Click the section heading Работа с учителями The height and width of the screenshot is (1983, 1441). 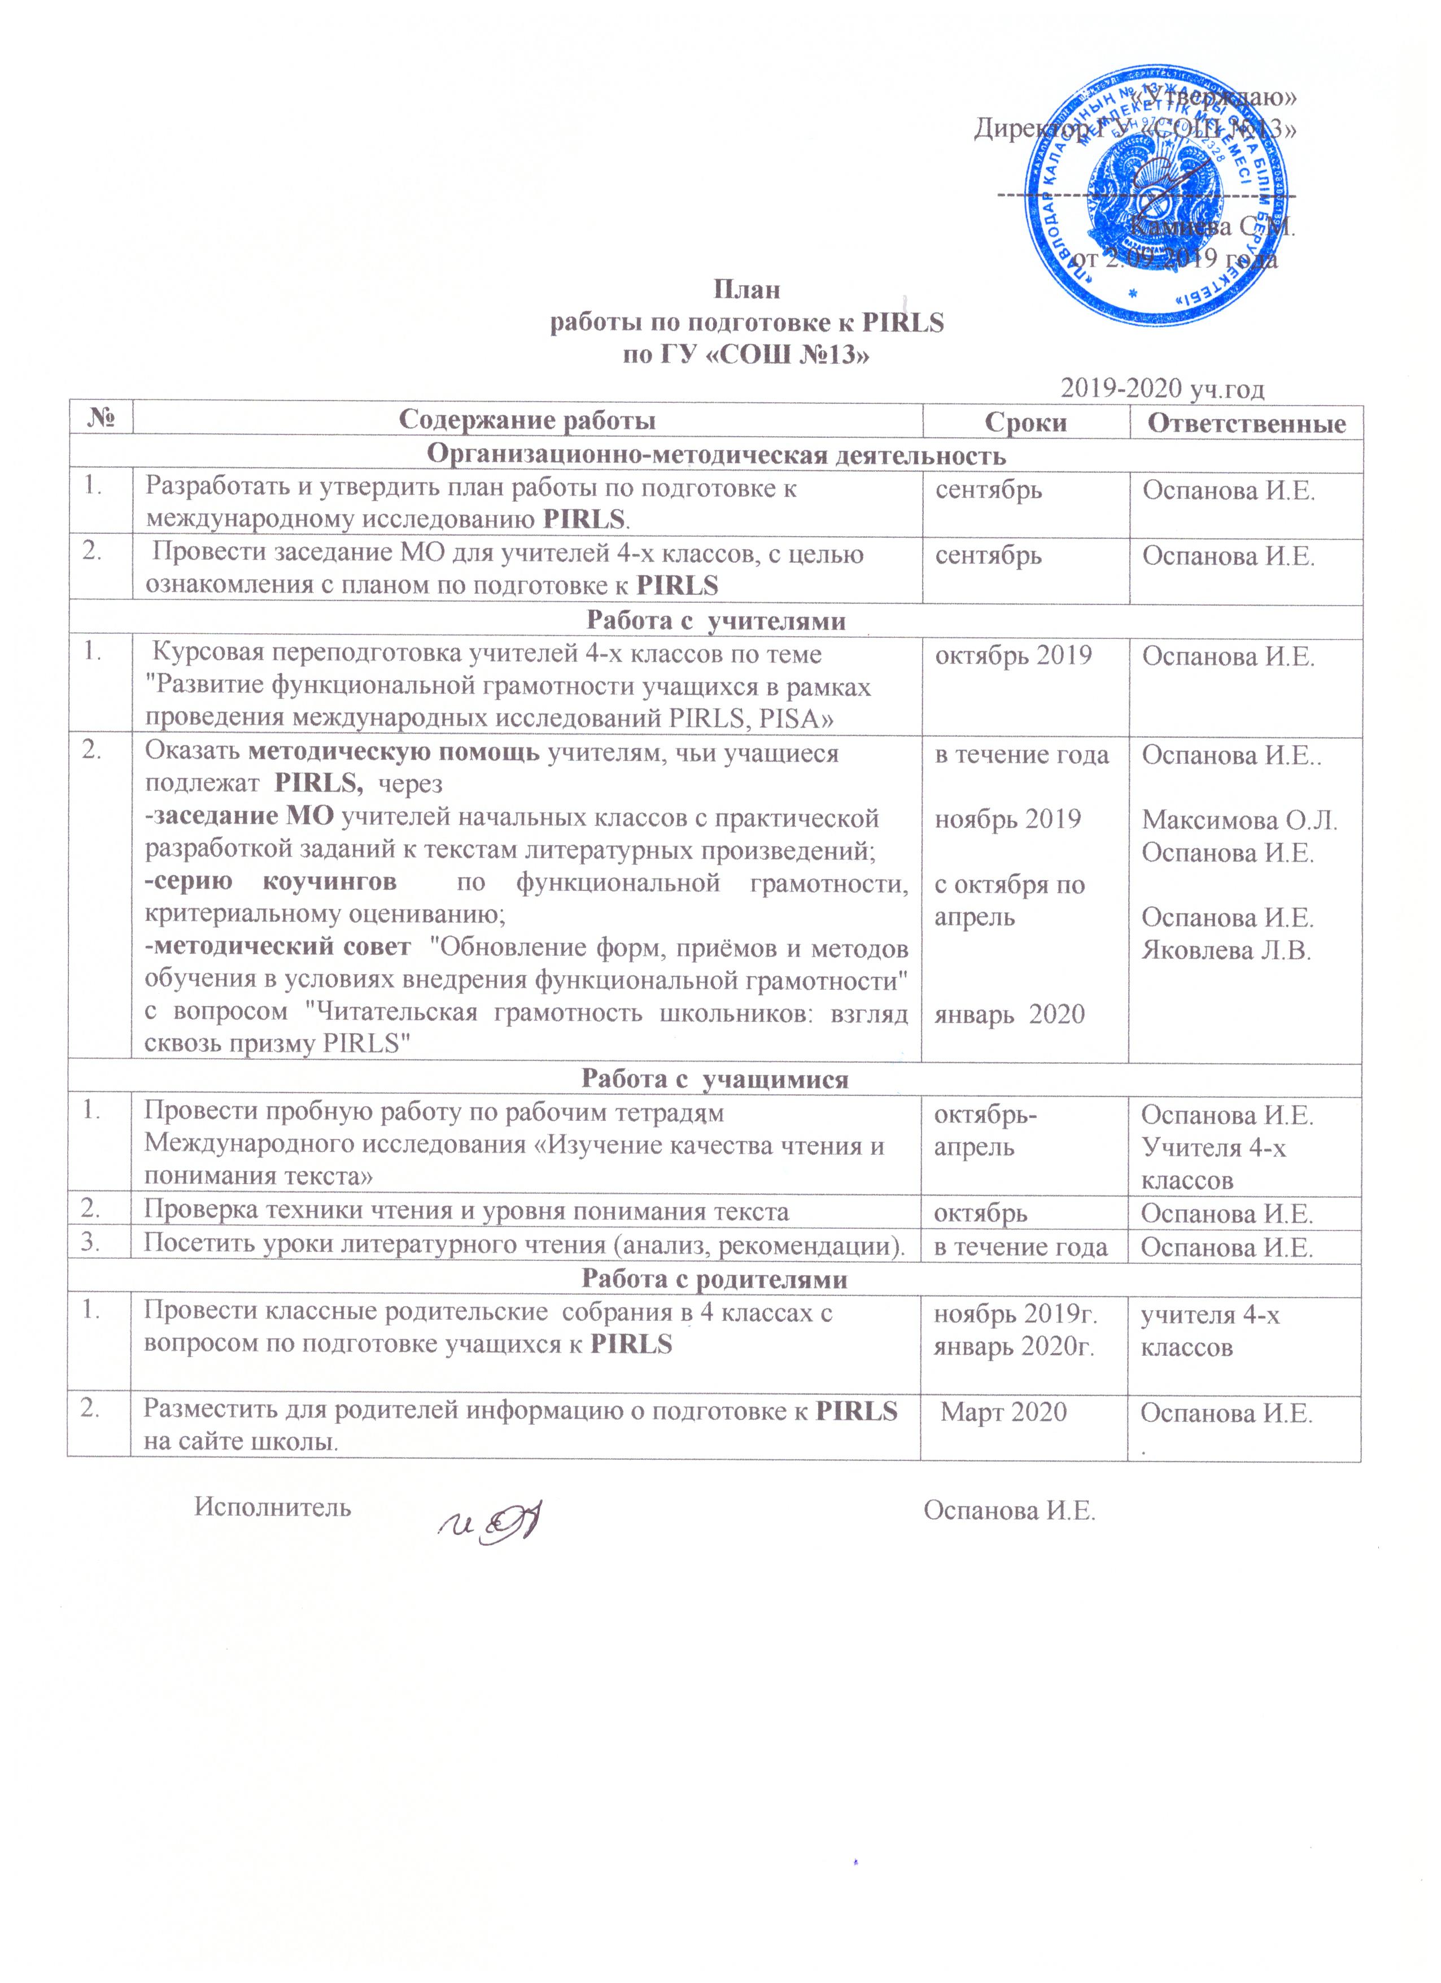pyautogui.click(x=715, y=621)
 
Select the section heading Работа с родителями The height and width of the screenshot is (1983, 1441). pyautogui.click(x=715, y=1279)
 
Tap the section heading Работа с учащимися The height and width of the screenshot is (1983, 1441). pyautogui.click(x=715, y=1079)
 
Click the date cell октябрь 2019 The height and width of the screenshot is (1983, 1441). pyautogui.click(x=1013, y=656)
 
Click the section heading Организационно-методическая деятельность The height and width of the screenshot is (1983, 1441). pyautogui.click(x=715, y=455)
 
